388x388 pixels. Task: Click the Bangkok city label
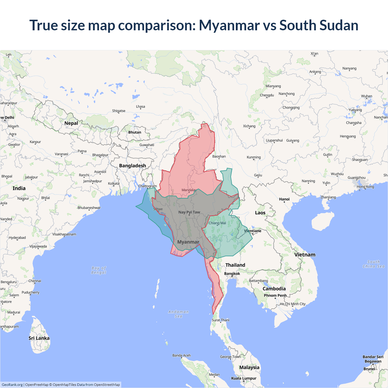click(x=232, y=273)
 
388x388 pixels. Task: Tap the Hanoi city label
click(x=284, y=199)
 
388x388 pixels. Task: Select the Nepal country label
click(x=71, y=123)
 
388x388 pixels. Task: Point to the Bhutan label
click(x=135, y=132)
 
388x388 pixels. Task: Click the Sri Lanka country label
click(x=39, y=338)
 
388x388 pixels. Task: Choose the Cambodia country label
click(x=274, y=289)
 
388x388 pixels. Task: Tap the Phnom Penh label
click(x=275, y=295)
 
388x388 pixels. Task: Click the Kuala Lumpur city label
click(x=244, y=378)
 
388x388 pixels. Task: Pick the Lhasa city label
click(x=140, y=106)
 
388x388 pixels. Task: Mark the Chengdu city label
click(x=267, y=95)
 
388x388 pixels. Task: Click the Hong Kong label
click(x=365, y=186)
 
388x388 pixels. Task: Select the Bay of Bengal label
click(x=99, y=270)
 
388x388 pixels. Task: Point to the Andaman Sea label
click(x=179, y=314)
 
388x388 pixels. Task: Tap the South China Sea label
click(x=373, y=264)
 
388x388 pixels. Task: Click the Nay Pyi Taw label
click(x=189, y=212)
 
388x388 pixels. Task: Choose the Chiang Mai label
click(x=217, y=223)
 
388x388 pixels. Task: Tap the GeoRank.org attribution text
click(x=12, y=385)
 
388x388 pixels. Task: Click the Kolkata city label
click(x=114, y=183)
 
